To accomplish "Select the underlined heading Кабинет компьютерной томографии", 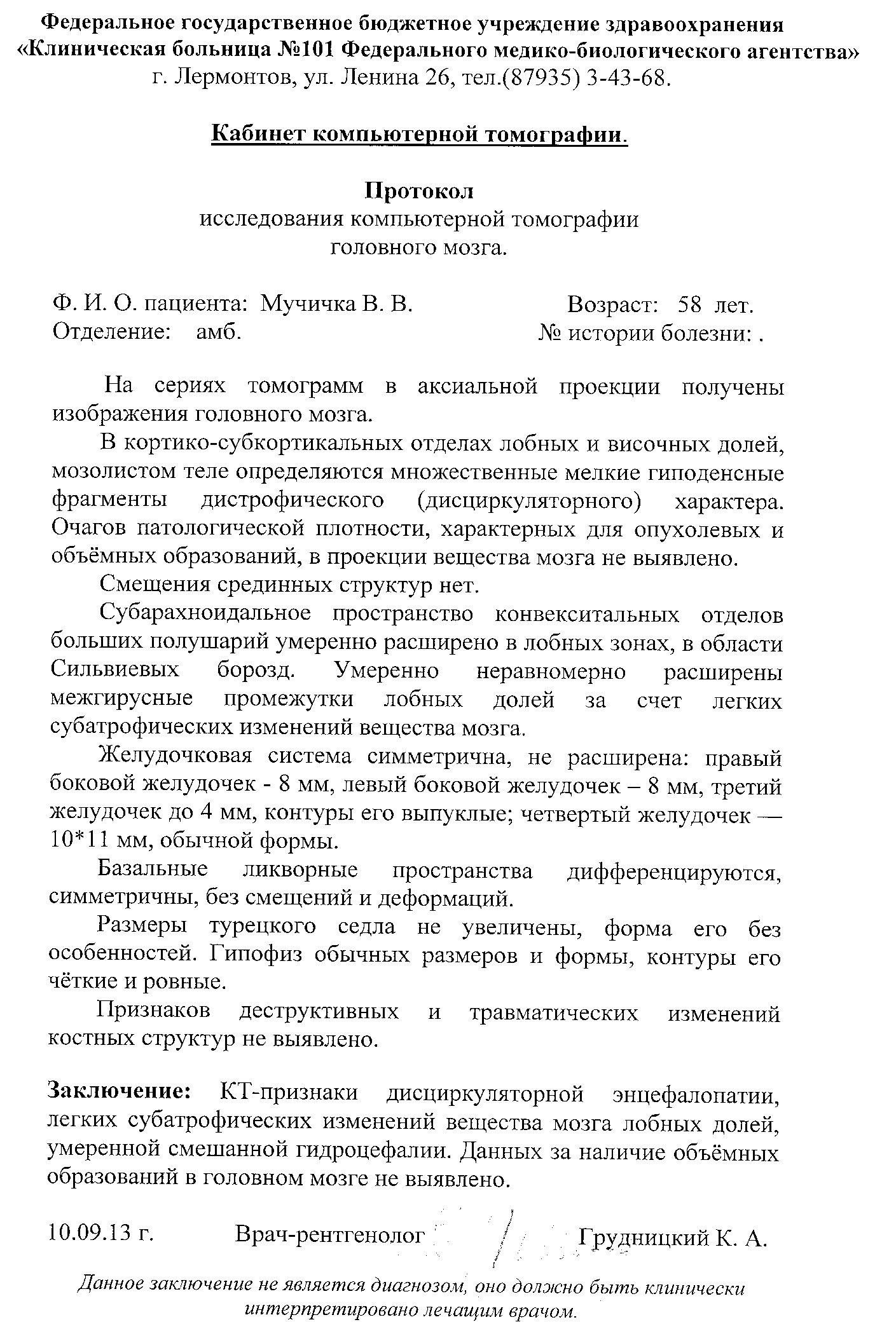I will point(419,134).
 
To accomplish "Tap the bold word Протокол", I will point(419,191).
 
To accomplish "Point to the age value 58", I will point(690,304).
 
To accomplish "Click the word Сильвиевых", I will point(114,671).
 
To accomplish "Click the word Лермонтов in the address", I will point(232,78).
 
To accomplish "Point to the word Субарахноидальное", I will point(205,614).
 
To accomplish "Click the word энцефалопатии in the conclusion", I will point(696,1093).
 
